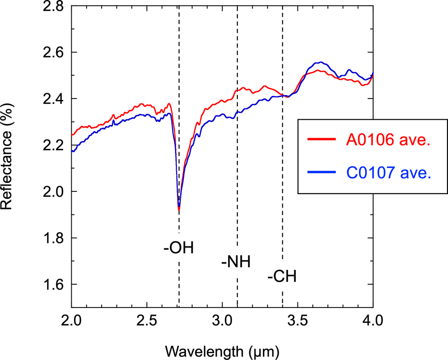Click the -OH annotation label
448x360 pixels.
179,247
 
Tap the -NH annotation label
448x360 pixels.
236,261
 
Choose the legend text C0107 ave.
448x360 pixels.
388,172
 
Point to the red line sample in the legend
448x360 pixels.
321,139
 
